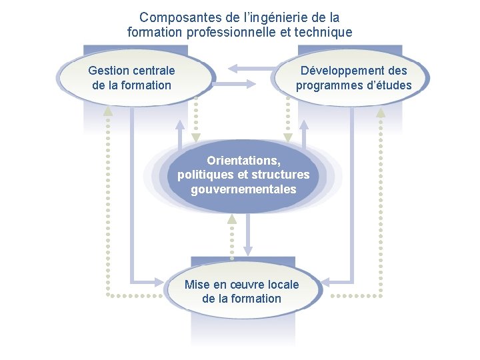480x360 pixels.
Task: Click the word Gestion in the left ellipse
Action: click(x=109, y=71)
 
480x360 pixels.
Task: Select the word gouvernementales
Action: click(x=243, y=189)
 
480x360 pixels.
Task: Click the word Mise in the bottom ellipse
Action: click(x=197, y=285)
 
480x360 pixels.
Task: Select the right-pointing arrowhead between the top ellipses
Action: click(x=250, y=85)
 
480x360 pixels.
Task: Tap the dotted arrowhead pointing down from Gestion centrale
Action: click(x=195, y=137)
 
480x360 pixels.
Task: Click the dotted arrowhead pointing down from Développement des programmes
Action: click(x=287, y=137)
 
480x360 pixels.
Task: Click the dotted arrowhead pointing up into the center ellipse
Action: click(x=231, y=219)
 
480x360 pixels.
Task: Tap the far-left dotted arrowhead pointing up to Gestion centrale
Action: click(x=108, y=112)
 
